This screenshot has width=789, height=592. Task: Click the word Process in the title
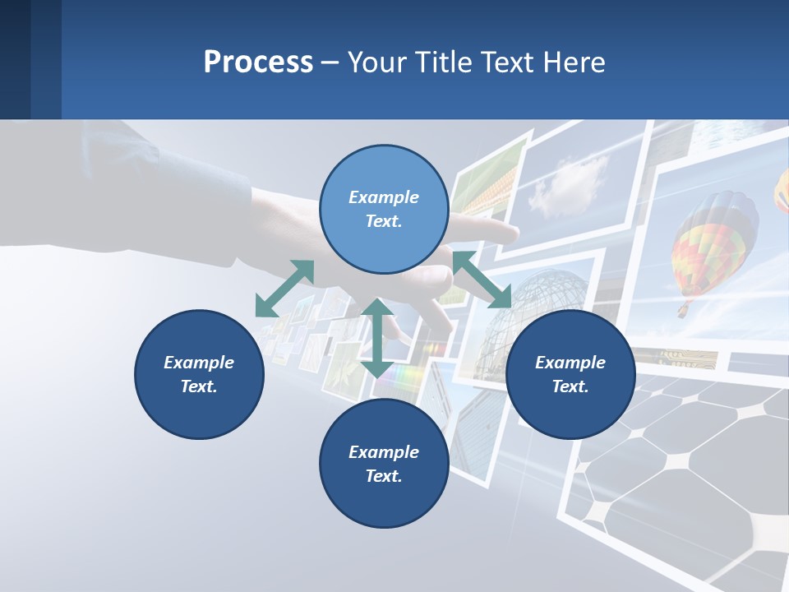[x=258, y=62]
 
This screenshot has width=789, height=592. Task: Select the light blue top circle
[x=384, y=210]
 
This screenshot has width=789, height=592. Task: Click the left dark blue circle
[x=199, y=374]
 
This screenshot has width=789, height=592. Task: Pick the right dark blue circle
[x=570, y=374]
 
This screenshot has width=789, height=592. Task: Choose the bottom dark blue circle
[x=384, y=464]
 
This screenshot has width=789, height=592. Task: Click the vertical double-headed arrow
[x=377, y=338]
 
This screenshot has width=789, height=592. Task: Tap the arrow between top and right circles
[x=482, y=280]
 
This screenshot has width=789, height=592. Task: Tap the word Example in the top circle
[x=384, y=197]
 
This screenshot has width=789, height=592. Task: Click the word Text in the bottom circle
[x=384, y=476]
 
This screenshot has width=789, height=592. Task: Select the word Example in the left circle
[x=199, y=363]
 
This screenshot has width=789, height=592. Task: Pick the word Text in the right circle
[x=570, y=386]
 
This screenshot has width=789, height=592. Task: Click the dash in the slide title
[x=330, y=62]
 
